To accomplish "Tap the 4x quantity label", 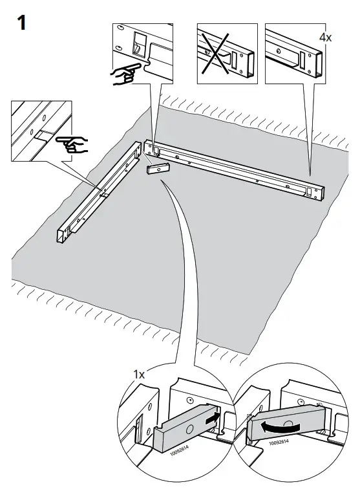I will tap(326, 38).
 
